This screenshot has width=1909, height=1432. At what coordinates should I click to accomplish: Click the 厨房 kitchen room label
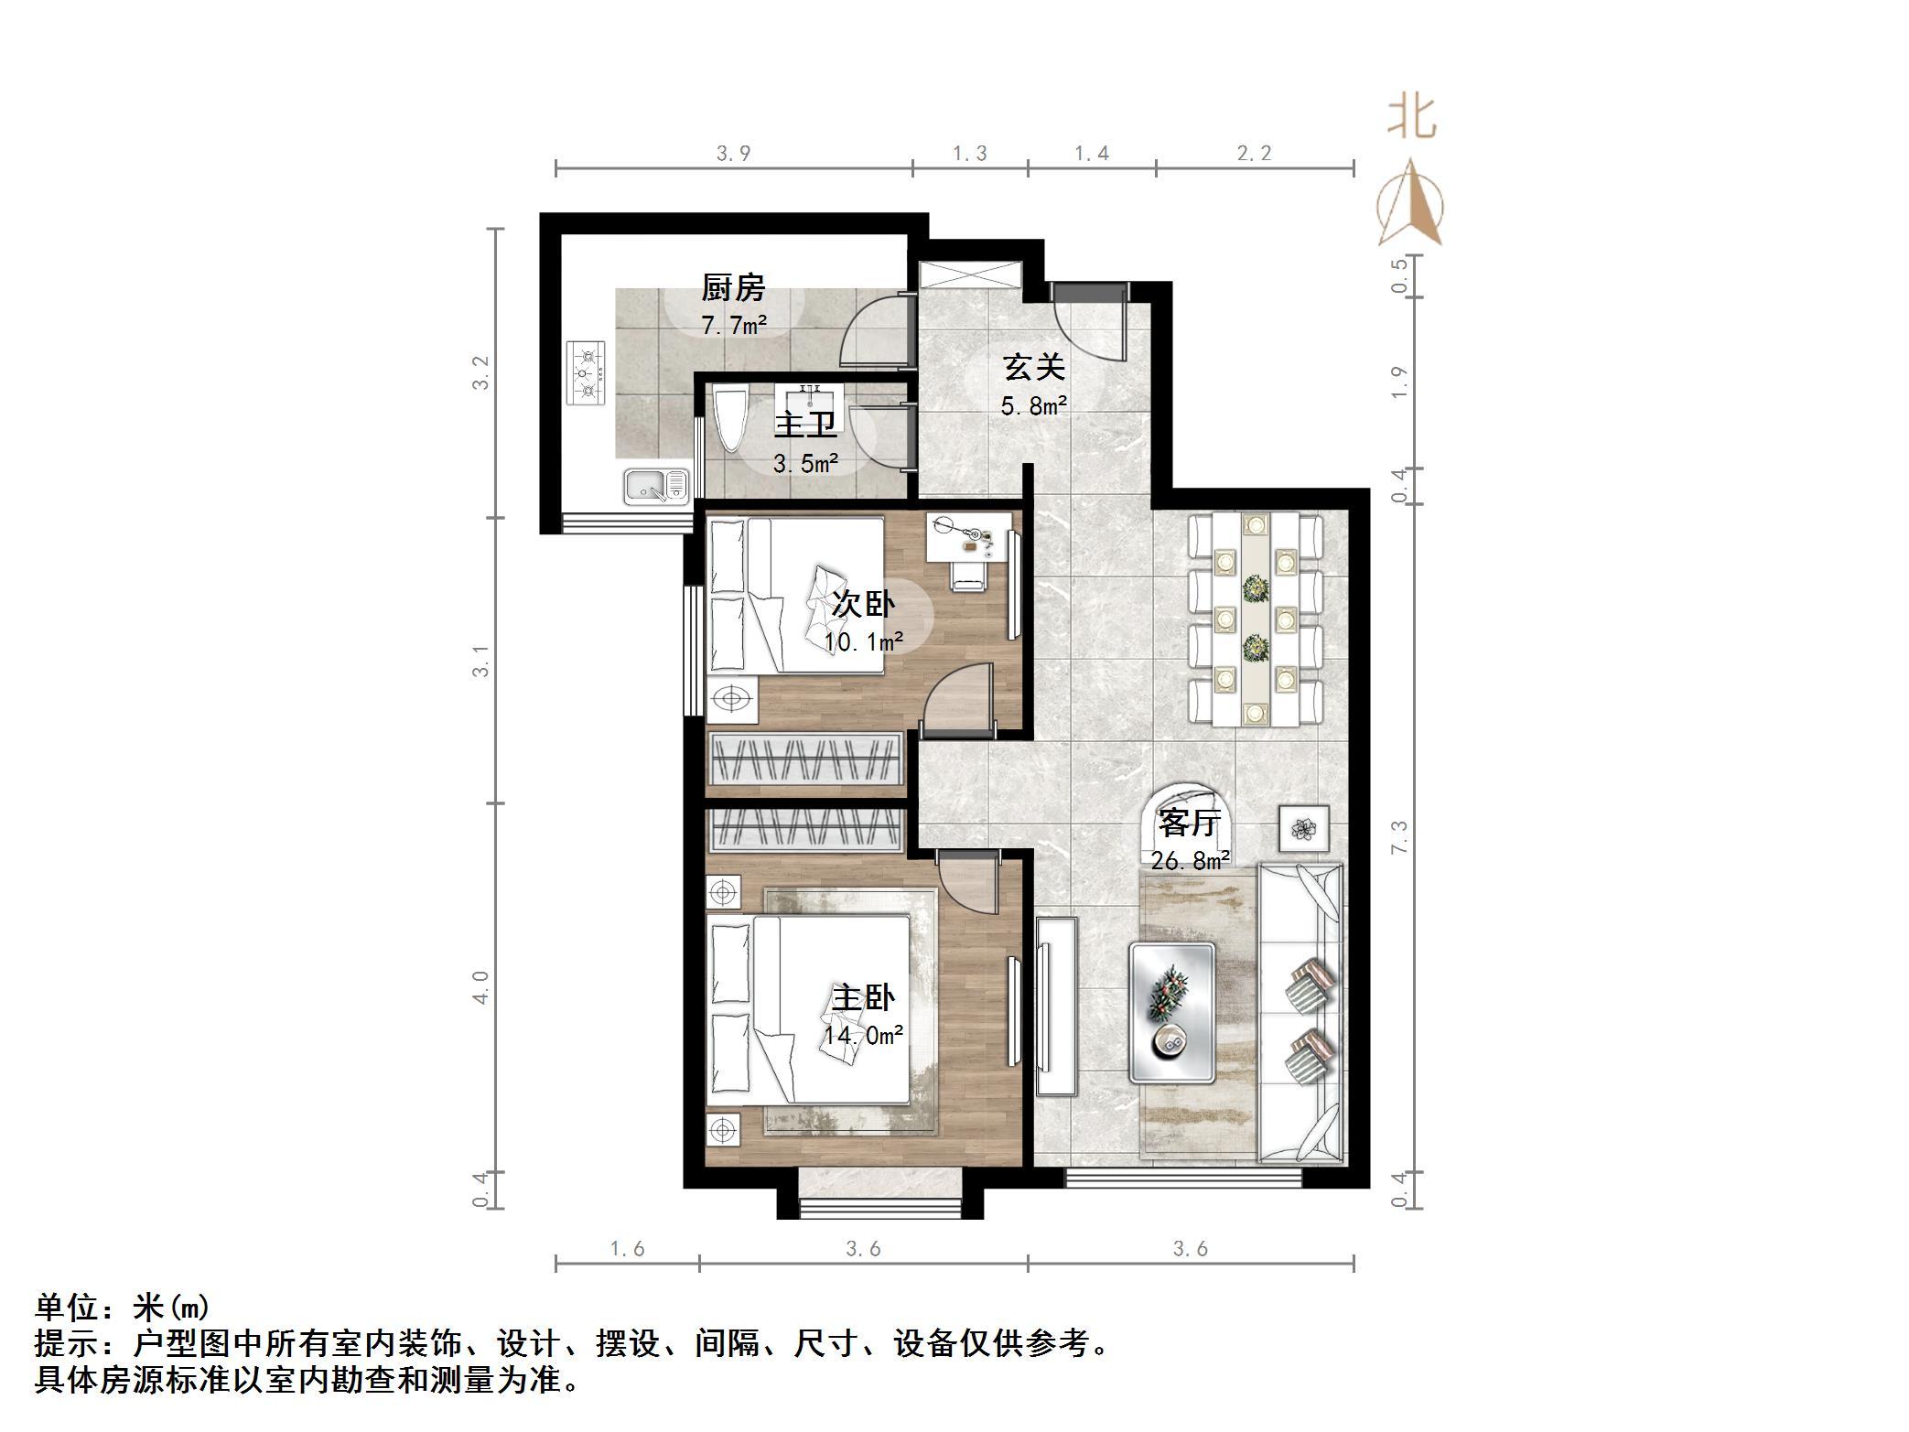(733, 288)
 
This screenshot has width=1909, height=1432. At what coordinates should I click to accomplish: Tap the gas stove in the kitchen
(586, 372)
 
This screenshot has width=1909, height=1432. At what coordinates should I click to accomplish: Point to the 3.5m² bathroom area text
(805, 464)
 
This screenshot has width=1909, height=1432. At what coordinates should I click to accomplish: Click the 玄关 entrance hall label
(1034, 368)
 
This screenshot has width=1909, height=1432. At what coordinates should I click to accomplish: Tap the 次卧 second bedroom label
(863, 604)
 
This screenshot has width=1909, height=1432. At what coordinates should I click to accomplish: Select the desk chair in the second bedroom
(968, 575)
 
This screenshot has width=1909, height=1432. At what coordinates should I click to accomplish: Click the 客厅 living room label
(1189, 823)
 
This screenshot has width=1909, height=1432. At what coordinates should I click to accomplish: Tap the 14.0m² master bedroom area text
(863, 1036)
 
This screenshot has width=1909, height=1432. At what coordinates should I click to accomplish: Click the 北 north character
(1412, 119)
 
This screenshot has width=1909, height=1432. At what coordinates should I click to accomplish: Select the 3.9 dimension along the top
(733, 154)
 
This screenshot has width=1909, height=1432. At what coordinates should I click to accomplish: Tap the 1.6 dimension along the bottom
(628, 1249)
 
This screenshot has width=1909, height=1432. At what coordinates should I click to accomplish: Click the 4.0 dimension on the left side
(480, 986)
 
